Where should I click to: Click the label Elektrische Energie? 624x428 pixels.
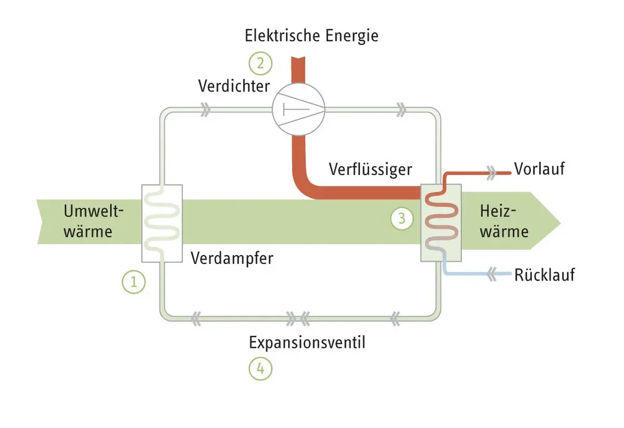311,36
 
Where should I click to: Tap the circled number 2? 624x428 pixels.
260,64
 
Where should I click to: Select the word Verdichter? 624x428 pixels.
234,86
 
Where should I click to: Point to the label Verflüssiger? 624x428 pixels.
370,169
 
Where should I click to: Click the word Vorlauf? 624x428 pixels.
539,169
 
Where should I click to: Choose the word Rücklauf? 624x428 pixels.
544,274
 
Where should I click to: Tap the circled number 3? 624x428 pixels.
401,219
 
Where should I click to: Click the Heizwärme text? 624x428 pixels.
503,221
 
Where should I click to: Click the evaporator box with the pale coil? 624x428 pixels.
162,223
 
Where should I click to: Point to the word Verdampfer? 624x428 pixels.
231,258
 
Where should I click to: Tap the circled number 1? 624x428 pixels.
134,282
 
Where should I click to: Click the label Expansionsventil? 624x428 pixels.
307,343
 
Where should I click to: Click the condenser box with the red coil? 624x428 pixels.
440,223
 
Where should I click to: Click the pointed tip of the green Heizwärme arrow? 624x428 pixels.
557,222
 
